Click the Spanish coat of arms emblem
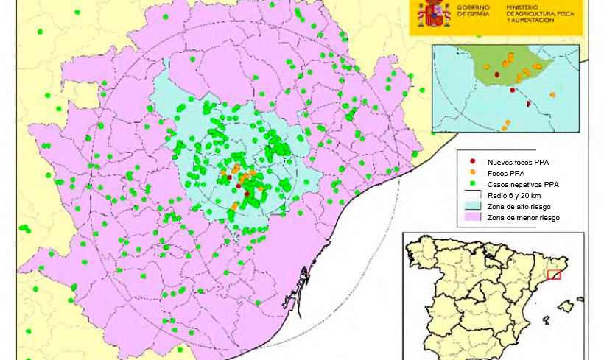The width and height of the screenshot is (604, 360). (x=435, y=13)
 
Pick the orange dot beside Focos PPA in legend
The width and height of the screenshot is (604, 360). (x=473, y=173)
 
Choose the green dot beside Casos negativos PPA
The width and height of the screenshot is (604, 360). (x=473, y=184)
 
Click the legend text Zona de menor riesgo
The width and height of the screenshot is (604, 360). (x=523, y=218)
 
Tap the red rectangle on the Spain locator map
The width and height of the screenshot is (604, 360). (x=554, y=275)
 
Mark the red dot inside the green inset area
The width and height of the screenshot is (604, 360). (x=496, y=74)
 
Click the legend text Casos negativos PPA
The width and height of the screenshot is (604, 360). (x=523, y=184)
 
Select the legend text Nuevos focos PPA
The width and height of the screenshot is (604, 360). (x=518, y=162)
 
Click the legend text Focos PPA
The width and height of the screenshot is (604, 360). (x=506, y=173)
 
